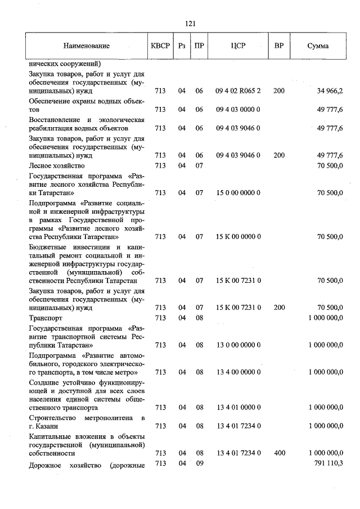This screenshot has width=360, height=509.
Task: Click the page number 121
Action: pos(189,23)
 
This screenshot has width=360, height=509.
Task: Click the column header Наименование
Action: pos(87,46)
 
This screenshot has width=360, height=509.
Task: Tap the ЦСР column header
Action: pos(238,46)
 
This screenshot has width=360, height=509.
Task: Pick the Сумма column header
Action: pos(318,46)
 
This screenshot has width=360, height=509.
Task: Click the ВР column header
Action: pos(279,46)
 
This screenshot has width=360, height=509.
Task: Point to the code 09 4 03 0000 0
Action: pos(238,110)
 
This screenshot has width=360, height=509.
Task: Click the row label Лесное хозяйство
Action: pos(56,165)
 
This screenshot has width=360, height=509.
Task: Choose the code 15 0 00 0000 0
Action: pos(238,193)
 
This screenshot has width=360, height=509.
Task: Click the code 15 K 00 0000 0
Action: pos(238,237)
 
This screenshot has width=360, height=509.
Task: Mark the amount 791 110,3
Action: pos(328,462)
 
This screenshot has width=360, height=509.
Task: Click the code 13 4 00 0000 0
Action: pos(238,372)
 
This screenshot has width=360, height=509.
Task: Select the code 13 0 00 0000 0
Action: pos(238,345)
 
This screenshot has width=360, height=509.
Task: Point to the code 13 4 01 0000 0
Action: pos(238,407)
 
